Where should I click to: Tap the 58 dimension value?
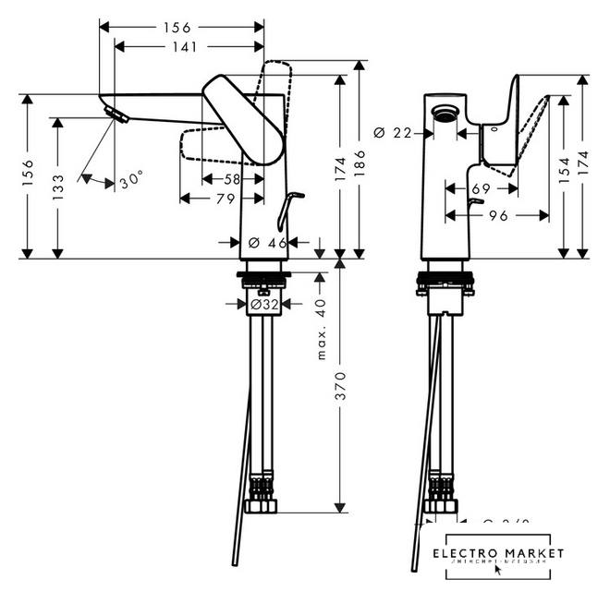(231, 178)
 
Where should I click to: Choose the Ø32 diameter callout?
(264, 303)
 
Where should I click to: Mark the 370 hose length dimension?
(340, 386)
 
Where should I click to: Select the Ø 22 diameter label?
(392, 133)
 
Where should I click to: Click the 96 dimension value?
(498, 215)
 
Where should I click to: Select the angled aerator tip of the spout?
(115, 115)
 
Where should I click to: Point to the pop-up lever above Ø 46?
(292, 197)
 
